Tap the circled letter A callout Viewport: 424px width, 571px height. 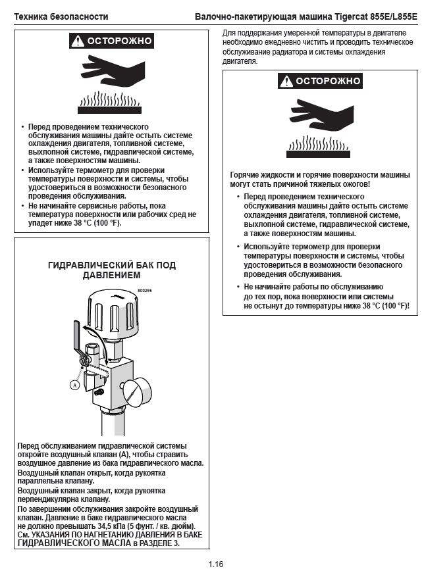75,384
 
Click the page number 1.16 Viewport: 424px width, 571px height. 216,564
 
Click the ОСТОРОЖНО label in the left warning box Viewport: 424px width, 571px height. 118,41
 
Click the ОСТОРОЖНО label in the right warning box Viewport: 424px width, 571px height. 327,81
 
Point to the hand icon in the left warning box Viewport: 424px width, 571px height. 109,70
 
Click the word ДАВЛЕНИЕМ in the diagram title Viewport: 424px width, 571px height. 112,276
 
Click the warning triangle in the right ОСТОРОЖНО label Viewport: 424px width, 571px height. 286,82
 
